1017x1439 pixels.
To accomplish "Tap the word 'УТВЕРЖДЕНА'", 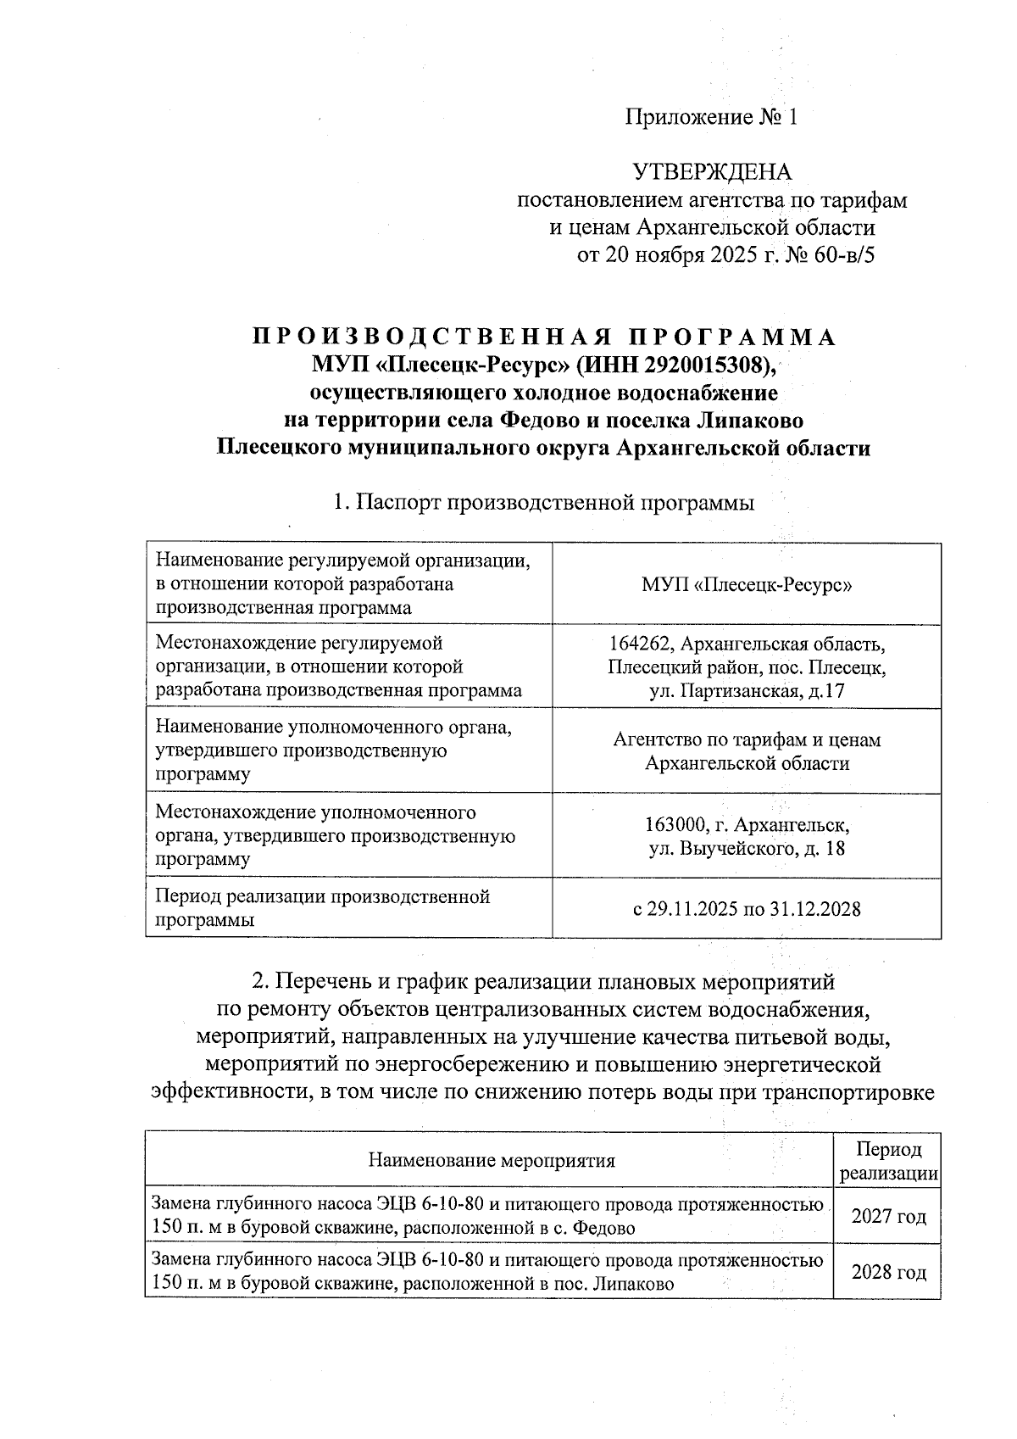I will click(x=712, y=172).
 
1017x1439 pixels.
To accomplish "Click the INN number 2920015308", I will click(x=707, y=365).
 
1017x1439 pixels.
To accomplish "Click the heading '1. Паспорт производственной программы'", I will click(x=543, y=503).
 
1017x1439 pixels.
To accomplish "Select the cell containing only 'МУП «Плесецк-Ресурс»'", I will click(x=746, y=585).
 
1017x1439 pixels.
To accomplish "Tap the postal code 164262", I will click(x=642, y=644).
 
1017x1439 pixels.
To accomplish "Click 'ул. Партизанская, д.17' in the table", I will click(x=747, y=691).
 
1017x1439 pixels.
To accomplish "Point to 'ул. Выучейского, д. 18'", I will click(x=747, y=848).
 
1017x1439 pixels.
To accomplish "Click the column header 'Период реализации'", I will click(x=887, y=1161).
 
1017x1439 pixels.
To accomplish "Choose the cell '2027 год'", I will click(x=887, y=1217).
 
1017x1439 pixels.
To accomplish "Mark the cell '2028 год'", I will click(x=887, y=1273).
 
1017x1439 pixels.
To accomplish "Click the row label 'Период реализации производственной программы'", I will click(x=322, y=908).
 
